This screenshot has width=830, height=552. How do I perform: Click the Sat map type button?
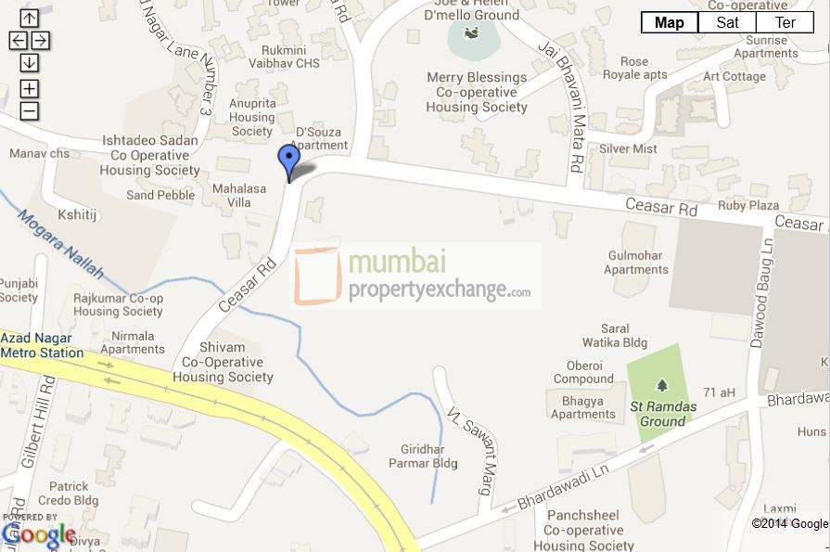[x=727, y=22]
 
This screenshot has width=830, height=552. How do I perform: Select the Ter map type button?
[x=785, y=22]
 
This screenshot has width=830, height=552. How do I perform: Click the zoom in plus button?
[x=29, y=88]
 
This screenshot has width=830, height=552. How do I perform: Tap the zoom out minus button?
[x=29, y=111]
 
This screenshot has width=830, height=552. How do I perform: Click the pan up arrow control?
[x=29, y=18]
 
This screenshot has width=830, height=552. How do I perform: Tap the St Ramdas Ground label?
[x=658, y=414]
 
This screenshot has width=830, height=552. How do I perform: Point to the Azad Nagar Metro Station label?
[x=42, y=345]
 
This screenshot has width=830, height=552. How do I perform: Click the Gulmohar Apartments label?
[x=635, y=262]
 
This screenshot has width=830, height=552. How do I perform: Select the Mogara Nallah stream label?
[x=60, y=244]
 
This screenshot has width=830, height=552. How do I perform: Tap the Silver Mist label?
[x=628, y=148]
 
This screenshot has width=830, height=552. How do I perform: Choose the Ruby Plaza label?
[x=747, y=205]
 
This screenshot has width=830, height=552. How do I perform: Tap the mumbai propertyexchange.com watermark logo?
[x=415, y=276]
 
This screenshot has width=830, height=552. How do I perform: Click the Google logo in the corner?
[x=38, y=534]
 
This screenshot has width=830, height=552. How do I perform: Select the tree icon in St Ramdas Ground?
[x=661, y=384]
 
